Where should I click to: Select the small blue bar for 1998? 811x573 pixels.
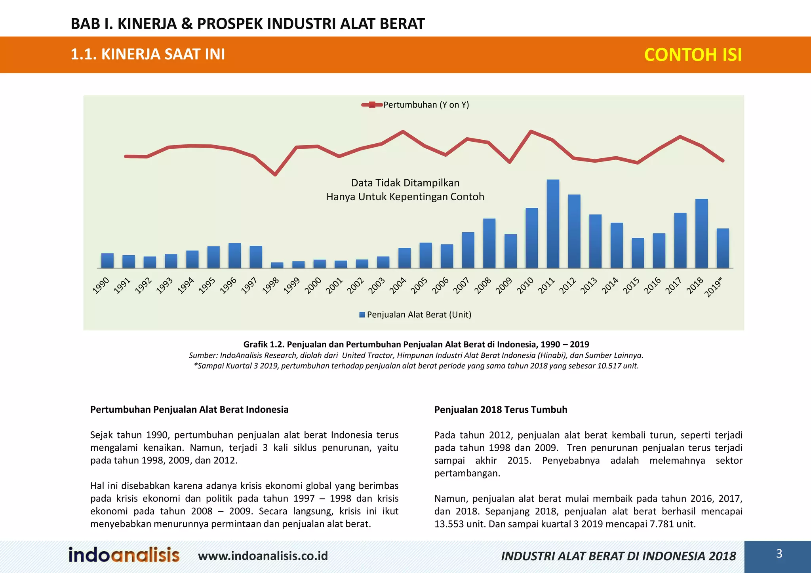(x=277, y=265)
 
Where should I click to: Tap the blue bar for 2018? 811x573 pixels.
(x=701, y=233)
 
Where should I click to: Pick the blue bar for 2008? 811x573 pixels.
(x=489, y=243)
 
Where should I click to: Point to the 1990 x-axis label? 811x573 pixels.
(x=101, y=286)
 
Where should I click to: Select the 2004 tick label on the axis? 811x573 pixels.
(x=398, y=286)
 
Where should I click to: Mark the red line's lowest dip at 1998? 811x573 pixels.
(x=275, y=175)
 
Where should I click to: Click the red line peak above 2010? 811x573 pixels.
(x=531, y=131)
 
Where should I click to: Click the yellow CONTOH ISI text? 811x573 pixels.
(x=693, y=55)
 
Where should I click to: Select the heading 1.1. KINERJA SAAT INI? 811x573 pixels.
(x=148, y=54)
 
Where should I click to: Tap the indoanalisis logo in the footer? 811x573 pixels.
(x=124, y=555)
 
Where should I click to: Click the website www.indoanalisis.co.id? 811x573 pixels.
(x=263, y=556)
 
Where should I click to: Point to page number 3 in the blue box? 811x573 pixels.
(x=779, y=554)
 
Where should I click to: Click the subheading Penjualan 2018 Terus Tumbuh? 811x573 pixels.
(x=501, y=410)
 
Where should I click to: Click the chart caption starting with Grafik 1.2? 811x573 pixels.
(x=416, y=344)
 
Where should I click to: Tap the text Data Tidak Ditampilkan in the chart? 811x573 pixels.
(x=405, y=183)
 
